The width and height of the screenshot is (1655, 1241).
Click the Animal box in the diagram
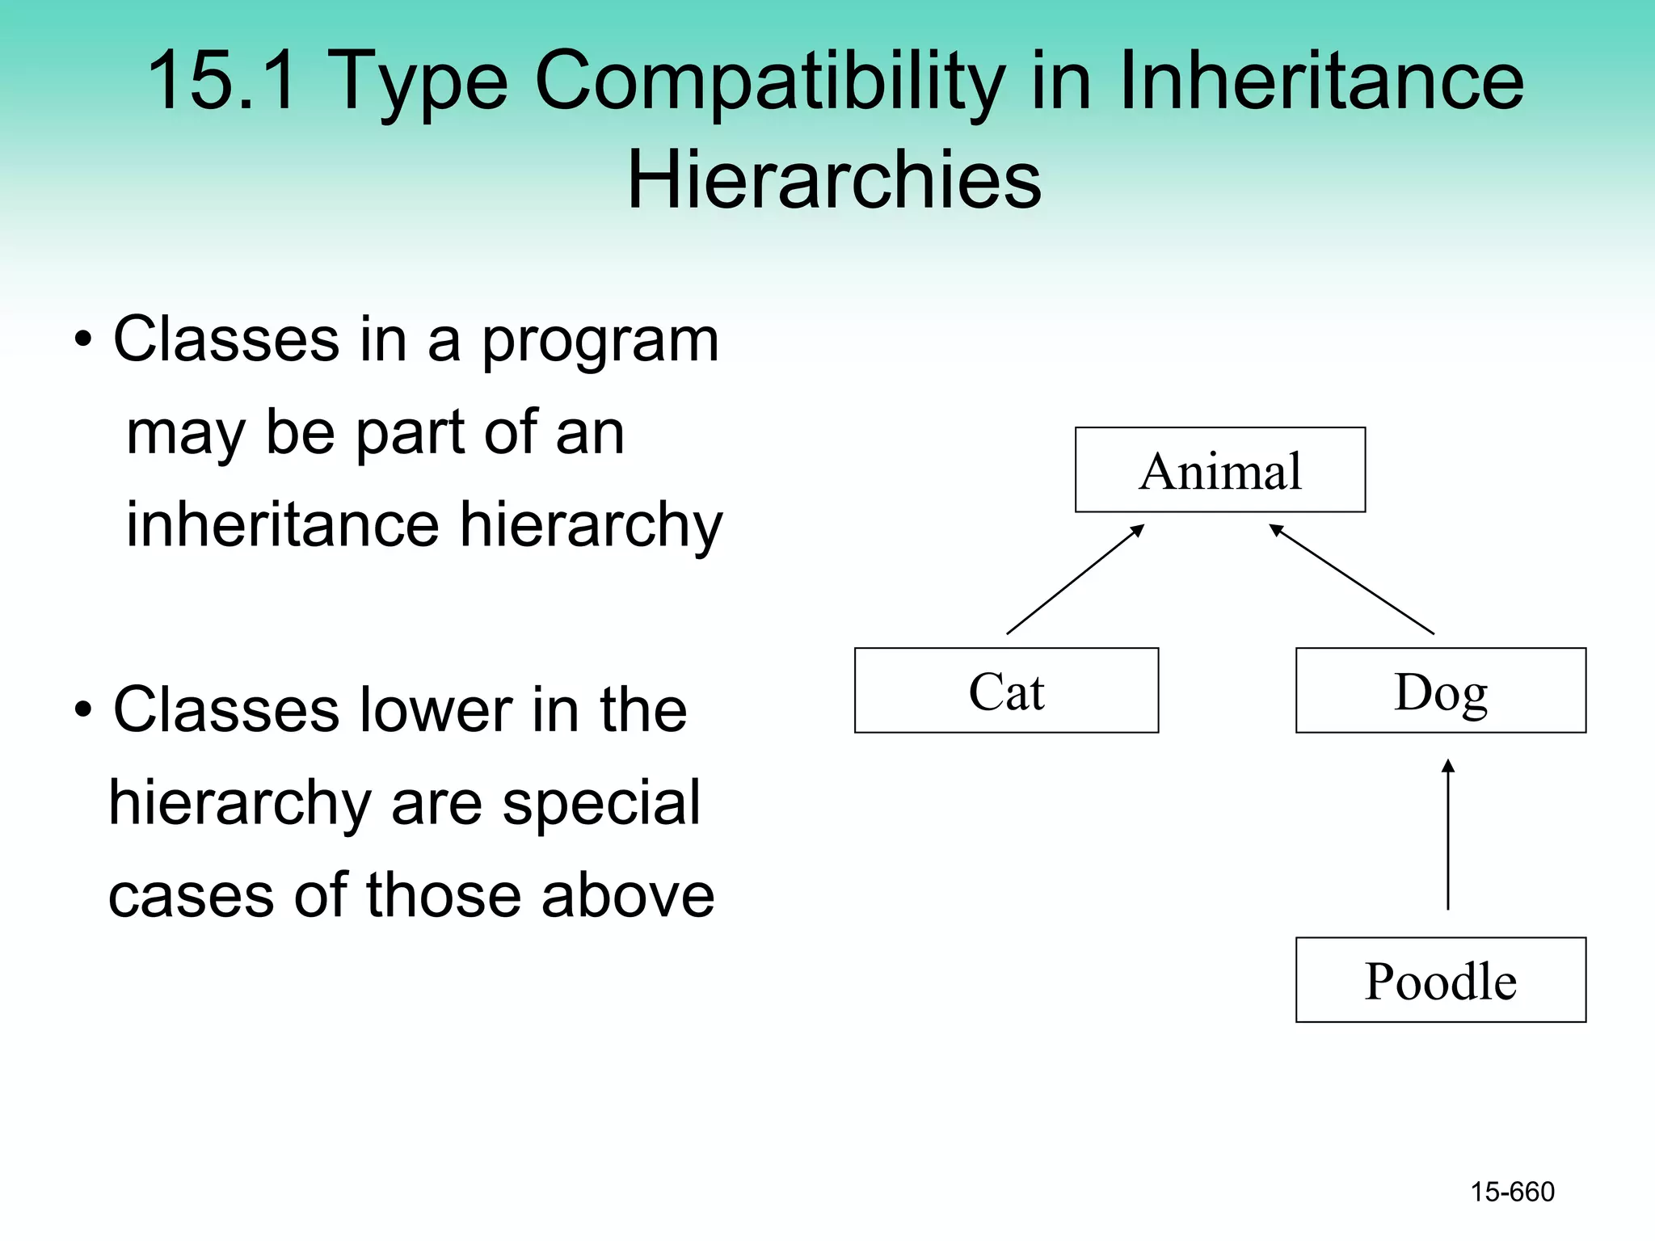click(x=1219, y=470)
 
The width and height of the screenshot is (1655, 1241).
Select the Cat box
click(x=1006, y=691)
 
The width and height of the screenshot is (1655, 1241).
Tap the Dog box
click(x=1440, y=691)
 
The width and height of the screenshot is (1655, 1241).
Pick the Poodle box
click(x=1440, y=980)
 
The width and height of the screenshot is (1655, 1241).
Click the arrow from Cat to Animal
click(x=1075, y=579)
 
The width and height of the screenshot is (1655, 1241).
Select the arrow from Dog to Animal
click(x=1351, y=579)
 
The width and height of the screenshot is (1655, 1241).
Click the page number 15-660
click(x=1512, y=1192)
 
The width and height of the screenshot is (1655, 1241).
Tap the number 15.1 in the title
click(x=221, y=81)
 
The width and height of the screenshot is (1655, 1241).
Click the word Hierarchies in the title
click(x=834, y=179)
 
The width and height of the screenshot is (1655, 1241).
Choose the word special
click(x=601, y=805)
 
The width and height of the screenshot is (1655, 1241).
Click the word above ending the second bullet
click(x=627, y=896)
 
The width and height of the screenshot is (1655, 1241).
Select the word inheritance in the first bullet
click(x=282, y=525)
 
